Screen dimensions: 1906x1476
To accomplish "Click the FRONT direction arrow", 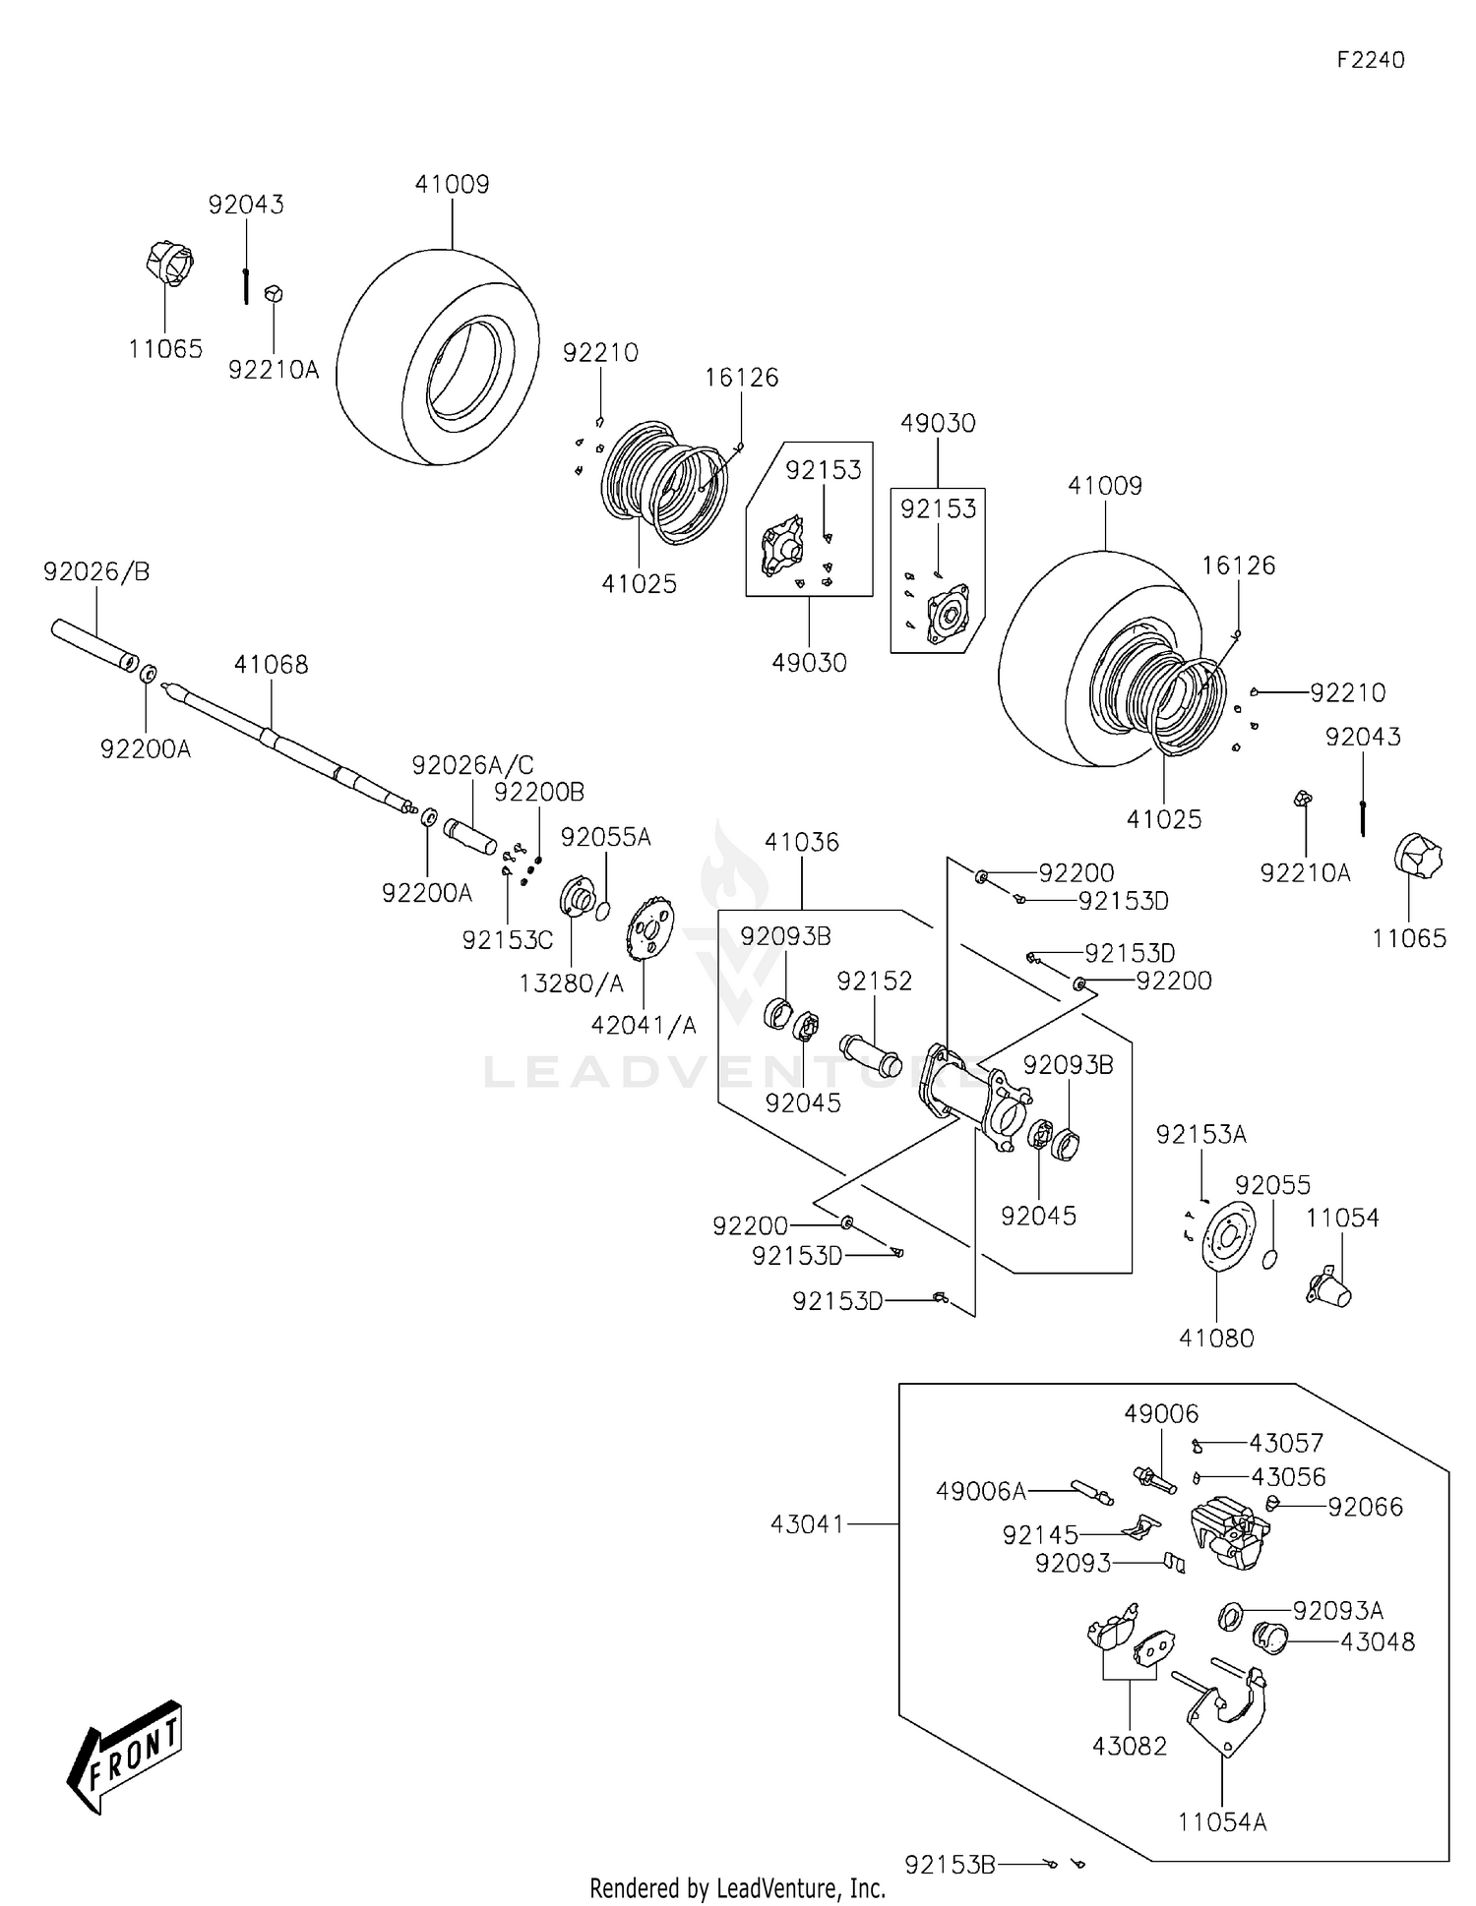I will (x=125, y=1755).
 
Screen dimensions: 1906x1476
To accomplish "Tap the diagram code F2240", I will (x=1370, y=60).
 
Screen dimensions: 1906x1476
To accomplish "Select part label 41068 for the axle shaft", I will (x=271, y=665).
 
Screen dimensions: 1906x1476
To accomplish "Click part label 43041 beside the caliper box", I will (x=807, y=1523).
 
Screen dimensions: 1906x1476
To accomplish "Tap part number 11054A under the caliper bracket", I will (x=1222, y=1821).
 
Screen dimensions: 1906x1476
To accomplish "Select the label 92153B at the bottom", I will (x=950, y=1864).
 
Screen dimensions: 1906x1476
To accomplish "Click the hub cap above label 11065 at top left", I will (x=169, y=263).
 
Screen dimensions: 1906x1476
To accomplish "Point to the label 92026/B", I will (x=96, y=571).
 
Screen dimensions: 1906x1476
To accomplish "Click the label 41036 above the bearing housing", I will (x=802, y=842).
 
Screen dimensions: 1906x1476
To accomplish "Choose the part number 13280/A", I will (x=571, y=983).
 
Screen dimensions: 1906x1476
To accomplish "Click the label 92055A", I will (x=605, y=837).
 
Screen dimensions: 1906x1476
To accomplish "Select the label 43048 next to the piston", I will (x=1378, y=1641).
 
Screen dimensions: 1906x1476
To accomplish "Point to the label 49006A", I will (x=980, y=1491).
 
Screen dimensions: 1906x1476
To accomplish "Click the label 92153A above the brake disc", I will (x=1200, y=1134).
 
